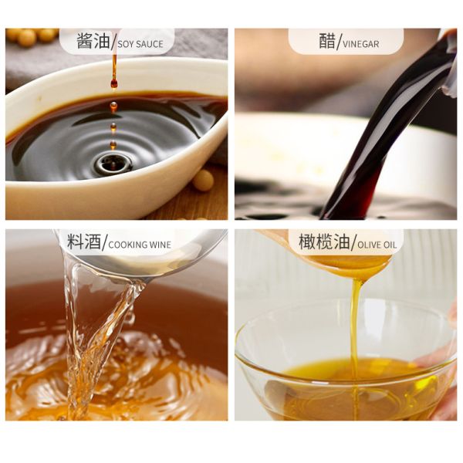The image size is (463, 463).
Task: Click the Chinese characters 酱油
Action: click(x=93, y=42)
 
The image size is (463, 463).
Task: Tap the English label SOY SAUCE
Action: click(x=140, y=44)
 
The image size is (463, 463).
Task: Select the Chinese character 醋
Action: click(x=327, y=42)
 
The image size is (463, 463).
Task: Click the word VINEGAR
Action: click(x=360, y=44)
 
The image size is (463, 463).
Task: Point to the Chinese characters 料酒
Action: click(x=84, y=242)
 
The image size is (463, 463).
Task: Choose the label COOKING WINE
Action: click(x=140, y=245)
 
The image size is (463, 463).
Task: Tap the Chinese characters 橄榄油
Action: click(x=319, y=242)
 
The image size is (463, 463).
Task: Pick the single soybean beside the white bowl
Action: click(x=203, y=180)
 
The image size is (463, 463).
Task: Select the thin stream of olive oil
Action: click(x=356, y=324)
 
